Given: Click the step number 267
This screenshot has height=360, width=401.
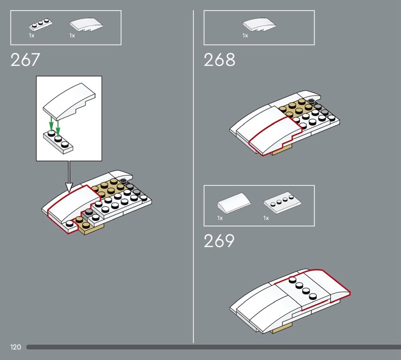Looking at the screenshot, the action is click(x=25, y=60).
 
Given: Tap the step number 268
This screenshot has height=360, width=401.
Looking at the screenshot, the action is click(x=220, y=60).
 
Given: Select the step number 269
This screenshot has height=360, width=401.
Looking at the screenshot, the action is click(x=219, y=241).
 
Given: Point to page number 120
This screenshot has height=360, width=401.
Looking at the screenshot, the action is click(x=16, y=347).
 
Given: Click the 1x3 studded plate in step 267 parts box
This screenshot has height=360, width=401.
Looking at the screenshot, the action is click(x=41, y=25).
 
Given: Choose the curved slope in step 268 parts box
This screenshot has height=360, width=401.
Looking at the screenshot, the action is click(x=259, y=25).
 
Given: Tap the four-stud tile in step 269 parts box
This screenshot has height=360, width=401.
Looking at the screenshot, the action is click(x=282, y=204).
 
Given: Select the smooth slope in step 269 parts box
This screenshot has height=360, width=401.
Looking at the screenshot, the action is click(x=234, y=203).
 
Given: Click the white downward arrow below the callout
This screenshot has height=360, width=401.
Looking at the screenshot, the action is click(x=69, y=176).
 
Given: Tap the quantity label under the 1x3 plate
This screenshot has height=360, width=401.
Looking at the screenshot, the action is click(x=32, y=36).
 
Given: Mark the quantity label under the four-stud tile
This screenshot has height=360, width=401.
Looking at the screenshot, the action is click(x=266, y=218).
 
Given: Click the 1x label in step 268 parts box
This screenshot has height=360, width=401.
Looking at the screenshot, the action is click(x=245, y=36).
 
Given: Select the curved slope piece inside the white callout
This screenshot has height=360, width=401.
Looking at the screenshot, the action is click(x=69, y=101).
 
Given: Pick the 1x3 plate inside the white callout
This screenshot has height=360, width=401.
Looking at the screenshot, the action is click(x=58, y=142).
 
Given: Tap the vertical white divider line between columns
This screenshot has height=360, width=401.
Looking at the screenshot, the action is click(x=193, y=176).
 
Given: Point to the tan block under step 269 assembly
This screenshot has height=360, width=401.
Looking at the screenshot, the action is click(x=281, y=328).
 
